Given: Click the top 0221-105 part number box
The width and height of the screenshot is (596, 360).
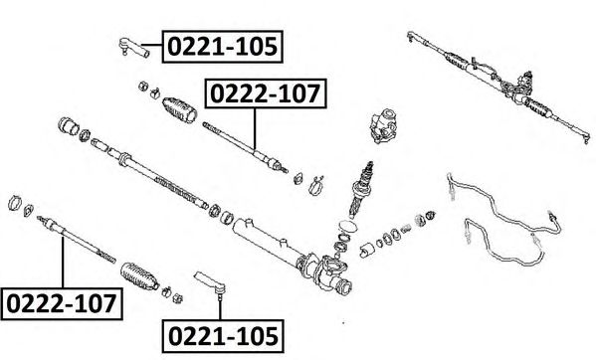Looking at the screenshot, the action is [x=222, y=47].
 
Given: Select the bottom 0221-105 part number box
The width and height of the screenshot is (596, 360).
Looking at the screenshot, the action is [x=223, y=336].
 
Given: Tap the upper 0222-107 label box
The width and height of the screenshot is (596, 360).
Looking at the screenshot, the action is [x=266, y=93].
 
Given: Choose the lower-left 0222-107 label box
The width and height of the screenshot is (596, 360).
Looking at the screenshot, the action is [x=62, y=303].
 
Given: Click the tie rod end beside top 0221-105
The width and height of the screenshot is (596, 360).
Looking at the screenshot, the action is [x=132, y=48].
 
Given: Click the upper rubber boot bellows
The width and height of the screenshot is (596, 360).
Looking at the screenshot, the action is [x=179, y=109].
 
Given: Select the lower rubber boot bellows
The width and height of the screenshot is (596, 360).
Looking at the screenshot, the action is [x=139, y=276].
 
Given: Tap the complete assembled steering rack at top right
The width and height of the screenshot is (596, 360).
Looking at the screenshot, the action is [x=497, y=86].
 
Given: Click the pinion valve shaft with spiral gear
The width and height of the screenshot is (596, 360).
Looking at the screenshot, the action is [x=362, y=189].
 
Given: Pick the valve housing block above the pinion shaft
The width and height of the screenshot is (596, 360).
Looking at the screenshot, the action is [x=384, y=126].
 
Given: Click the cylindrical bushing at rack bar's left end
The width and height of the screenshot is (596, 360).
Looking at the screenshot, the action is [x=69, y=126].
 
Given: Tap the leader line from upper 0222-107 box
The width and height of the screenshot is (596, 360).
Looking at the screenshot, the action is [x=255, y=128].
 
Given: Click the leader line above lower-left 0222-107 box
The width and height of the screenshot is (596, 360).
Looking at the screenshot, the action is [x=63, y=262].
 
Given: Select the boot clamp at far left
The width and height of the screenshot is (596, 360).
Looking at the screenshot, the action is [x=15, y=203].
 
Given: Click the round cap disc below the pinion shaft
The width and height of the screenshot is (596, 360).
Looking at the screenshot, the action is [x=347, y=227].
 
